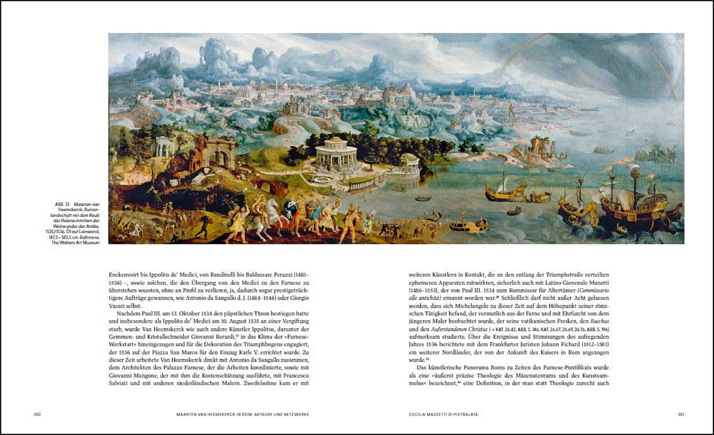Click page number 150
[x=37, y=415]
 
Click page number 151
[x=681, y=415]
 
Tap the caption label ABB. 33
[x=62, y=204]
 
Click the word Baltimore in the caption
[x=89, y=237]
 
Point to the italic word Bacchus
[x=601, y=321]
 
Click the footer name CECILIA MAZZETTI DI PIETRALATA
[x=443, y=415]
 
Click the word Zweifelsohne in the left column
[x=261, y=383]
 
